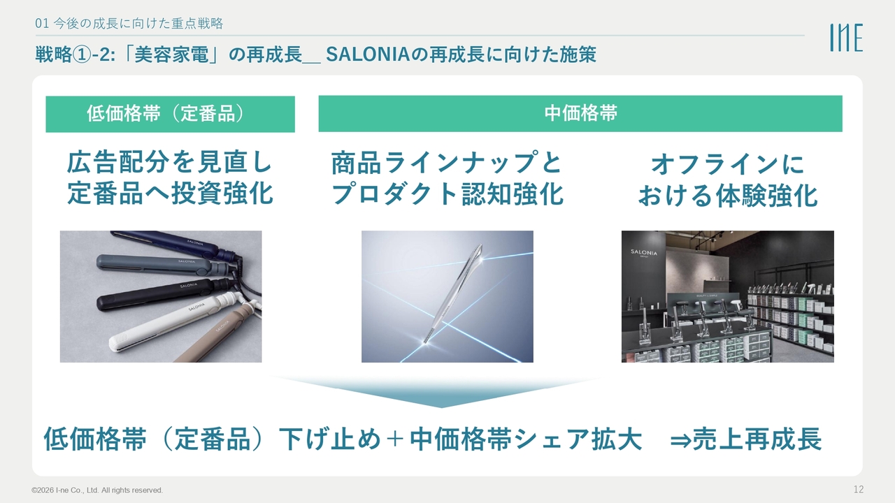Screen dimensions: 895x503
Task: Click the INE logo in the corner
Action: coord(846,38)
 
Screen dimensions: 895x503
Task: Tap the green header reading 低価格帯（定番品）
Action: coord(170,114)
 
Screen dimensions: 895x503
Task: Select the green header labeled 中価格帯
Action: coord(580,114)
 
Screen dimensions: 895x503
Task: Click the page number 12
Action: coord(859,489)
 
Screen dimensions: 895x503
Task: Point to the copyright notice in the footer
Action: coord(97,490)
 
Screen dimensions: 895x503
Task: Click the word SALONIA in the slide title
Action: coord(368,54)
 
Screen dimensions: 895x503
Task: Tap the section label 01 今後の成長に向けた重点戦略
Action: coord(129,24)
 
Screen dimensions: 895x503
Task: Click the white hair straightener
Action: coord(176,321)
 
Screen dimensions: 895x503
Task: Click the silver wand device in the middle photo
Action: coord(454,293)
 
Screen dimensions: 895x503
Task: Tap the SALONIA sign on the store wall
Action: coord(644,253)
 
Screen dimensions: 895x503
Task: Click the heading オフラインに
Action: coord(727,164)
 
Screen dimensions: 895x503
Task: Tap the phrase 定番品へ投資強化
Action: coord(170,194)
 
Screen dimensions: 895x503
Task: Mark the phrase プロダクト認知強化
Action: coord(447,194)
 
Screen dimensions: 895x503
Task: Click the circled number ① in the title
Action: coord(82,54)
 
